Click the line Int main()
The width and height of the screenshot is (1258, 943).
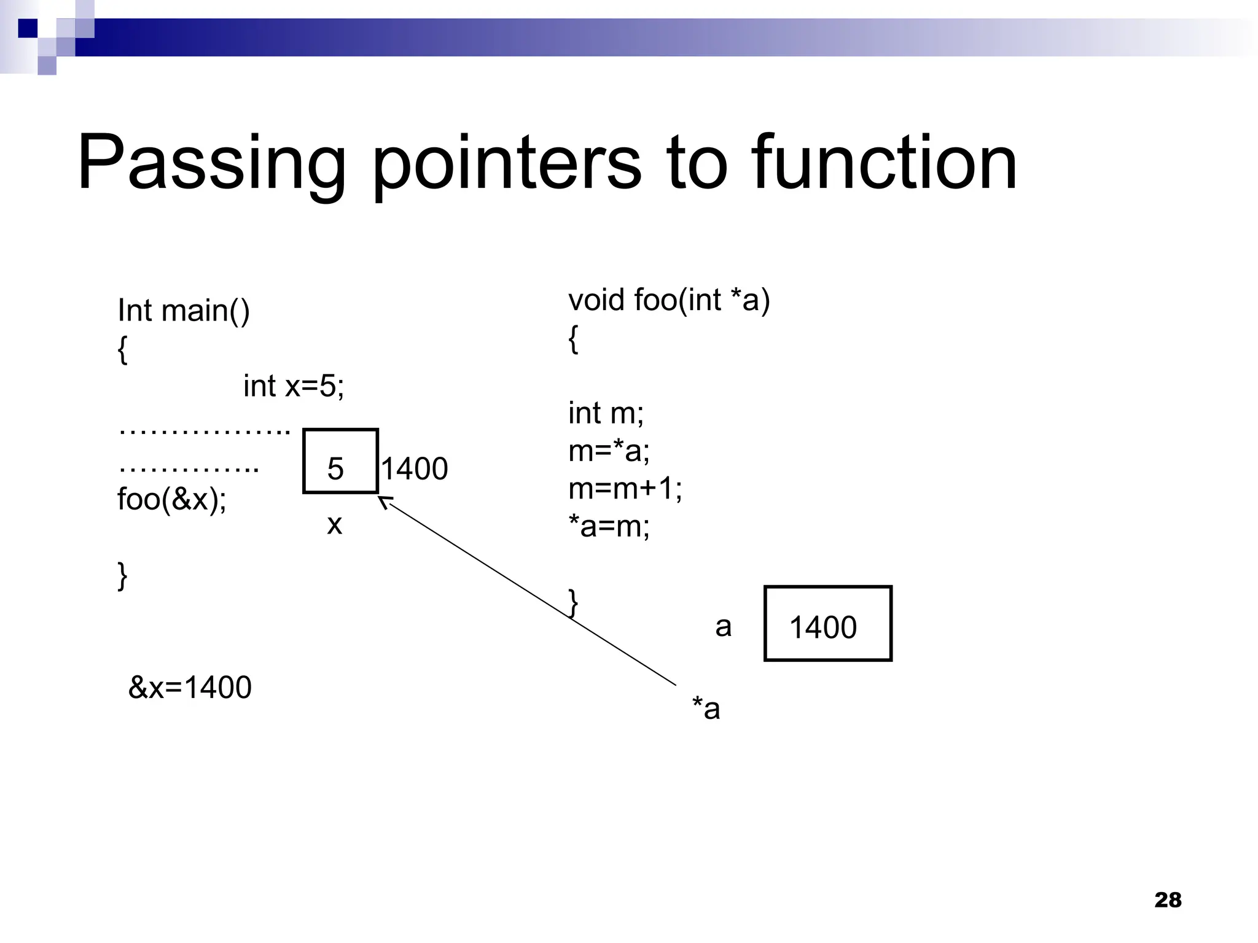(183, 311)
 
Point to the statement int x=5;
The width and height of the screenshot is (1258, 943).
(294, 386)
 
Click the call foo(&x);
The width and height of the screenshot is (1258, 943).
(172, 499)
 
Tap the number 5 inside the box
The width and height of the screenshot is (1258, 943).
(335, 469)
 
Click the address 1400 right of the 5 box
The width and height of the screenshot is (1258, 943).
(415, 469)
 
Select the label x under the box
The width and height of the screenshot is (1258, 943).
(334, 524)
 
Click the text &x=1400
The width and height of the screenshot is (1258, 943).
(190, 687)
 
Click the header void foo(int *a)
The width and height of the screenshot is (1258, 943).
(668, 300)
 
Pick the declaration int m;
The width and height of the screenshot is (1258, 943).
(606, 413)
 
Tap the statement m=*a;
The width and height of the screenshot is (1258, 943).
(609, 451)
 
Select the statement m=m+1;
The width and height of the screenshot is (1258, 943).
(625, 489)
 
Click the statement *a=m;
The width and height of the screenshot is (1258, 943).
(609, 526)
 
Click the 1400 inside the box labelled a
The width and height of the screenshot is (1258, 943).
(822, 627)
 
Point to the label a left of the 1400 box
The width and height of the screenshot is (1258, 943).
(723, 627)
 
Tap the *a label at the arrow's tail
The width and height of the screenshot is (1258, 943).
(706, 708)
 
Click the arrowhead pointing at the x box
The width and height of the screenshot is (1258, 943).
(384, 502)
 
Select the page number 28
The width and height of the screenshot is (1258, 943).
(1168, 900)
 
